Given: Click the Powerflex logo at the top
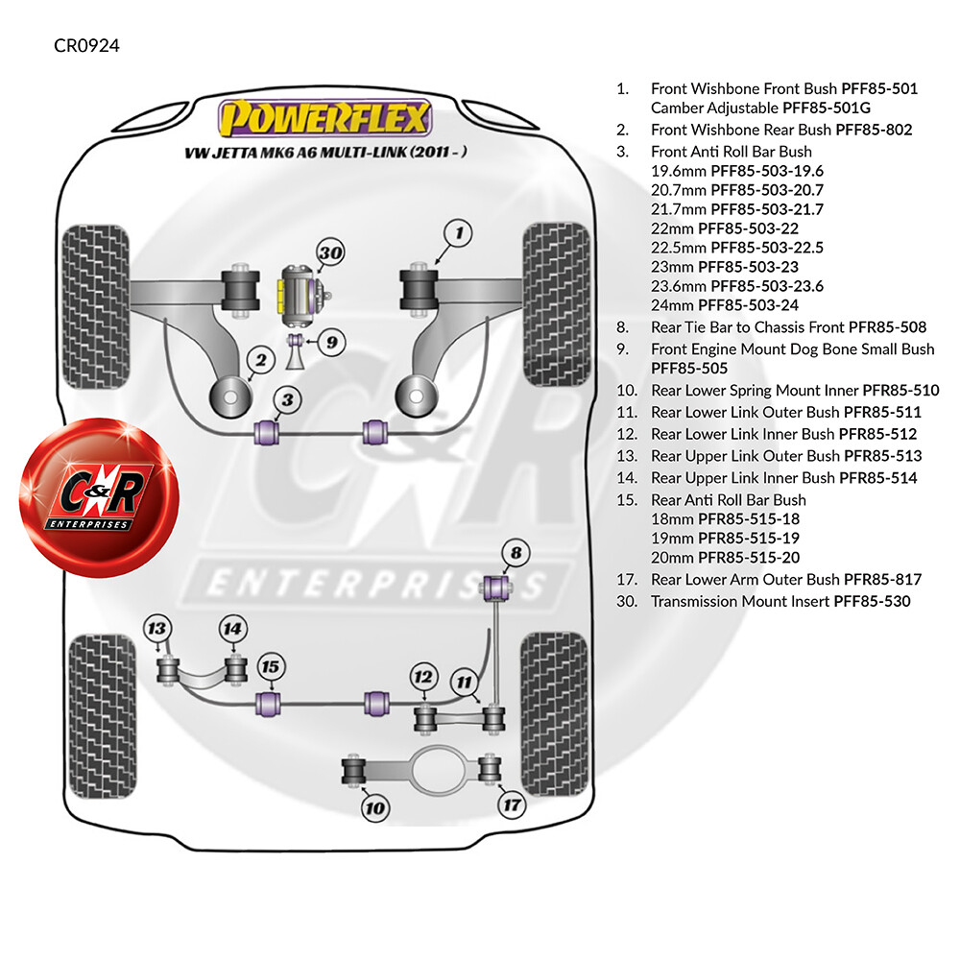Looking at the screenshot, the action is pyautogui.click(x=325, y=117).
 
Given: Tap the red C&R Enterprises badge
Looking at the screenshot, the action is pyautogui.click(x=100, y=497).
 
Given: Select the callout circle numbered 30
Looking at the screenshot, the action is pyautogui.click(x=330, y=252).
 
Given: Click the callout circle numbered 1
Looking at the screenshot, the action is pyautogui.click(x=459, y=233).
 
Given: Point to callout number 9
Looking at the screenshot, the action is pyautogui.click(x=331, y=342).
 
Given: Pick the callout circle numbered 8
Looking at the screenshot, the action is pyautogui.click(x=516, y=553).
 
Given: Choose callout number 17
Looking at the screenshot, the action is pyautogui.click(x=513, y=804).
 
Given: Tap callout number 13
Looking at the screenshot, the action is pyautogui.click(x=156, y=629).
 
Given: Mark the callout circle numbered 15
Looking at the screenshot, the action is pyautogui.click(x=270, y=667).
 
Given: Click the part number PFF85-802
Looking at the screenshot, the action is pyautogui.click(x=874, y=130).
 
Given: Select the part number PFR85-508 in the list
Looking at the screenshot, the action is pyautogui.click(x=887, y=327).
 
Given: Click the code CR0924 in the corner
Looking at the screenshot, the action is pyautogui.click(x=87, y=45).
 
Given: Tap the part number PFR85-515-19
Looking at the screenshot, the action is pyautogui.click(x=749, y=539).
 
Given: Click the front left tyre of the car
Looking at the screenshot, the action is pyautogui.click(x=95, y=306).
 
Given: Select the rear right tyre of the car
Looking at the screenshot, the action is pyautogui.click(x=554, y=714).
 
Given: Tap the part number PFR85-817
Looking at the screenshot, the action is pyautogui.click(x=882, y=579).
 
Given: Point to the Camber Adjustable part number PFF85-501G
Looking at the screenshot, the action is pyautogui.click(x=827, y=108).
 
